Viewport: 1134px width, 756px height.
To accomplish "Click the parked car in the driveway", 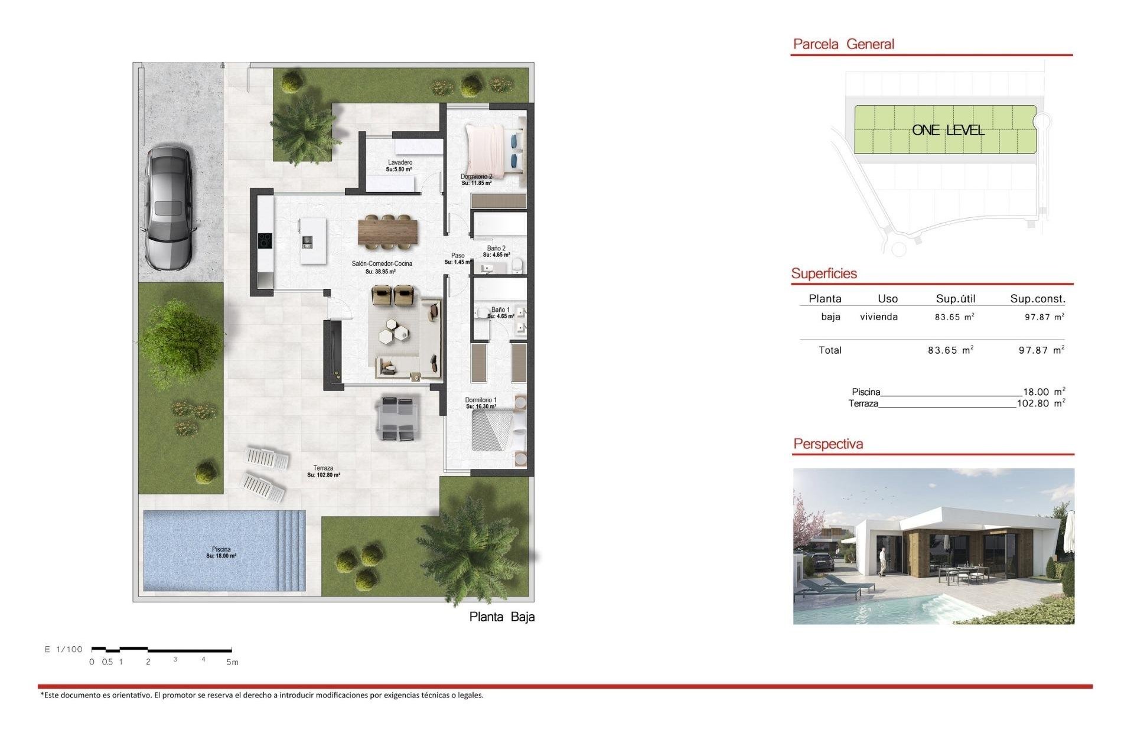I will [169, 208].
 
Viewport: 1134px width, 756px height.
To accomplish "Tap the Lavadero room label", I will [400, 162].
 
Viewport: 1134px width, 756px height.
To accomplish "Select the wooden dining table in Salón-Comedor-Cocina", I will [387, 230].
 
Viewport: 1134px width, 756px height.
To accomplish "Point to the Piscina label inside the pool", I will [221, 549].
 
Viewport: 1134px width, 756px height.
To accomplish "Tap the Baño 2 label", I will [496, 249].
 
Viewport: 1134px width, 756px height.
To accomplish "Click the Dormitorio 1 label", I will [481, 400].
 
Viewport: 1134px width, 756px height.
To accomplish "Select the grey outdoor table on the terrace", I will [397, 419].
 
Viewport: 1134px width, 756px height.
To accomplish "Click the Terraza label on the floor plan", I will [323, 468].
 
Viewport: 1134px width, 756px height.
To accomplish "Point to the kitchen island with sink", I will [312, 241].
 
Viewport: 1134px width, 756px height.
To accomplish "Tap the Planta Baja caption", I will [501, 617].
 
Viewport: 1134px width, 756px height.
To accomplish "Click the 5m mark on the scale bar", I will [232, 662].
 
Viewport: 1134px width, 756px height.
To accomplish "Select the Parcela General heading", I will [843, 44].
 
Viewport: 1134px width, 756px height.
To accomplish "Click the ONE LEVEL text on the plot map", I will [947, 130].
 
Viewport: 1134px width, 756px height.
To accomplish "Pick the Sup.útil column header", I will [955, 299].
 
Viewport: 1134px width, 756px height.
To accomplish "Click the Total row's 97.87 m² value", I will [1041, 350].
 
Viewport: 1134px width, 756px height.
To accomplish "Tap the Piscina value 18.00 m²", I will [1044, 392].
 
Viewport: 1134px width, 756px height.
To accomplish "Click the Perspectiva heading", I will [827, 444].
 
